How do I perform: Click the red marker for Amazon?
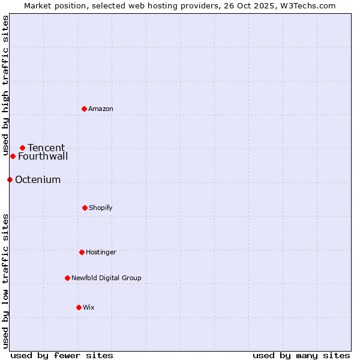coord(84,109)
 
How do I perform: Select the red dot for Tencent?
coord(22,148)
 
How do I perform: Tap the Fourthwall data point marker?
coord(13,156)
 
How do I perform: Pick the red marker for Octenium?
coord(10,179)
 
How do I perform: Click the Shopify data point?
coord(85,208)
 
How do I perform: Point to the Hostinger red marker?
coord(82,252)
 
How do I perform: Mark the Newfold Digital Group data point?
coord(67,278)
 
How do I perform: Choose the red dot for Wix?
coord(79,307)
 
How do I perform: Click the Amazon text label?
coord(101,109)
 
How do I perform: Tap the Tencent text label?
coord(46,148)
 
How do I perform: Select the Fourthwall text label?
coord(43,157)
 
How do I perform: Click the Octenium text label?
coord(38,180)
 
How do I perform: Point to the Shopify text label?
coord(101,208)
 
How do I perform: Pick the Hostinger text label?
coord(101,252)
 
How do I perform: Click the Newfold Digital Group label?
coord(106,278)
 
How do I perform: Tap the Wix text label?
coord(89,307)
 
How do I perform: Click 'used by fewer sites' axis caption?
coord(62,355)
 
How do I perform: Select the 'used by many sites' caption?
coord(301,355)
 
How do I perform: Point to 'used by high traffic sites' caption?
coord(5,85)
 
